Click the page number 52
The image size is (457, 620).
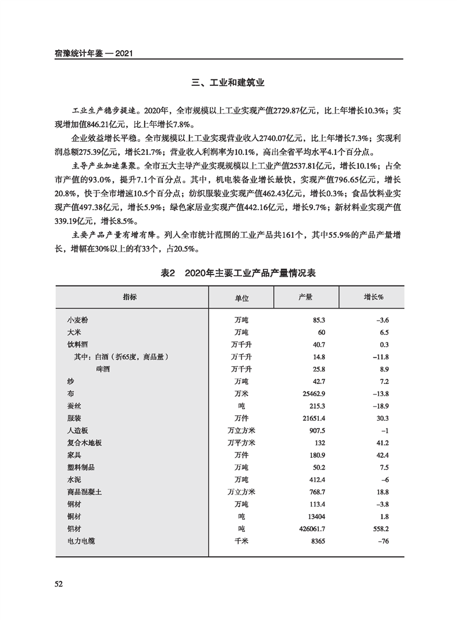[x=58, y=584]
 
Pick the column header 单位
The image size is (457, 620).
[x=241, y=298]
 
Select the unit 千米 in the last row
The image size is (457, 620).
[x=241, y=541]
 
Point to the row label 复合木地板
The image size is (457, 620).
[x=85, y=443]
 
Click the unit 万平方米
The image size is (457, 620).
[x=241, y=443]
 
